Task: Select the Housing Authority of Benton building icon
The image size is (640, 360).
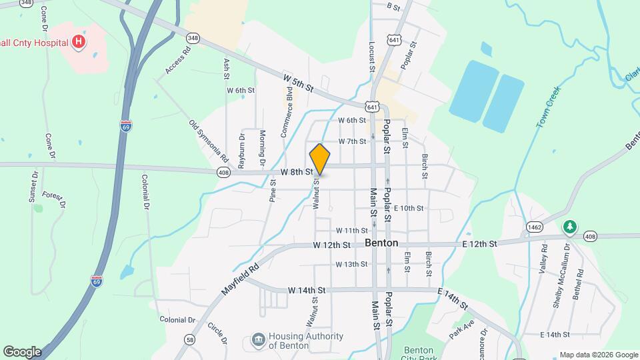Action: pyautogui.click(x=257, y=341)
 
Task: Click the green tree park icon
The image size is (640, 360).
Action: pyautogui.click(x=569, y=227)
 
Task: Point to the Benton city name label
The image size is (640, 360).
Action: pyautogui.click(x=382, y=243)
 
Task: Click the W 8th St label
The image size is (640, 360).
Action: pyautogui.click(x=297, y=171)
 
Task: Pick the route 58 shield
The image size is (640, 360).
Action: pyautogui.click(x=191, y=339)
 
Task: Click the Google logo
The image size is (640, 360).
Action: pyautogui.click(x=22, y=351)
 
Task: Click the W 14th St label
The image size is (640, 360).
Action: pyautogui.click(x=307, y=290)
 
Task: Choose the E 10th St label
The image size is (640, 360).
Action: pyautogui.click(x=409, y=208)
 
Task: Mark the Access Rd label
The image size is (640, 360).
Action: pyautogui.click(x=178, y=61)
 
